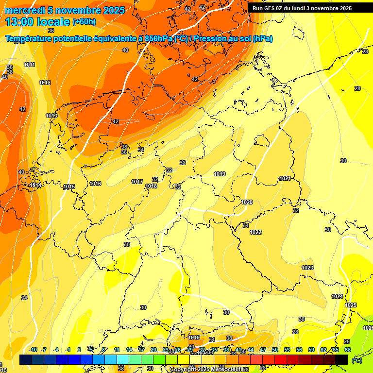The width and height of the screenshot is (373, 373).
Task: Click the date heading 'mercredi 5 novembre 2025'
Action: pos(65,10)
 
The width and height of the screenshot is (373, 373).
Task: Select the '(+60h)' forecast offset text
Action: pos(84,22)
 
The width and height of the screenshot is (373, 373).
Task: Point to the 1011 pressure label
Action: pos(30,65)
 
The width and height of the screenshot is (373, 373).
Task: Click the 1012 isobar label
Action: pos(45,83)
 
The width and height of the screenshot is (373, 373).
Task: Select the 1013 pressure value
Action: pos(51,116)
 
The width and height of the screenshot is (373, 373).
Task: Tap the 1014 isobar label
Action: pos(35,185)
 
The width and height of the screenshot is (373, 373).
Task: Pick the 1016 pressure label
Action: pos(95,184)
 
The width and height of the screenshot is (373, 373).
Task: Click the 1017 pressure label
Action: pos(137,182)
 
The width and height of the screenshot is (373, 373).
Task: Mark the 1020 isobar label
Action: pos(247,202)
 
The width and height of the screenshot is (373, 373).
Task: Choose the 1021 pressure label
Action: pos(285,179)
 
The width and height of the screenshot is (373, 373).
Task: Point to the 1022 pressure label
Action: pos(255,232)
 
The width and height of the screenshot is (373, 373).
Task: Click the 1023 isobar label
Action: pos(307,268)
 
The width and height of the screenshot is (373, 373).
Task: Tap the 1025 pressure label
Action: pos(351,305)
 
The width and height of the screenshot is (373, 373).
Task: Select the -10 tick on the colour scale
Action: pos(33,350)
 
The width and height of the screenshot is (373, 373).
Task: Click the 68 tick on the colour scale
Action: pos(348,350)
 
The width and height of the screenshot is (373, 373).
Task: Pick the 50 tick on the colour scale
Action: pos(275,350)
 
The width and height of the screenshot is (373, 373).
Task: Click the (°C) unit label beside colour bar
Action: pos(357,360)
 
